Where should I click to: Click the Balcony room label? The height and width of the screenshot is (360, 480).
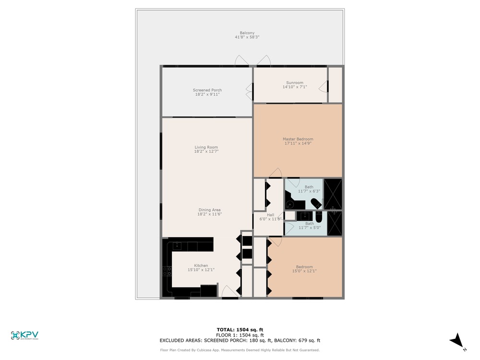click(247, 33)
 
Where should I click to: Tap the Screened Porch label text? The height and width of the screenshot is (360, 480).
click(207, 90)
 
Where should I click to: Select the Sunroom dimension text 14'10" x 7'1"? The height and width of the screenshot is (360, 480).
click(295, 87)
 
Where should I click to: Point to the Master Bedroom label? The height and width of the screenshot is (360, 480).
click(298, 139)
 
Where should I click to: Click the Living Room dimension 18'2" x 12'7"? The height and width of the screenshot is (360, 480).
click(206, 151)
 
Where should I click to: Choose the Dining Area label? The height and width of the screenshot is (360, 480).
click(209, 210)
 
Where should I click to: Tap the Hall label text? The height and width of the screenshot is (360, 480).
click(271, 215)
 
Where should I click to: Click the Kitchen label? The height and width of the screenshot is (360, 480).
click(201, 265)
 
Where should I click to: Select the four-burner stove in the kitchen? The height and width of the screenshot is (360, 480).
click(167, 271)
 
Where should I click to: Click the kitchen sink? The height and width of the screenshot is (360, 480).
click(177, 245)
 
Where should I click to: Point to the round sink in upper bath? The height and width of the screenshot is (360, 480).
click(289, 204)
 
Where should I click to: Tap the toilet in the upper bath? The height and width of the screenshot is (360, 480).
click(316, 203)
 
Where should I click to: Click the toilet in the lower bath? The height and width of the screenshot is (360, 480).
click(318, 217)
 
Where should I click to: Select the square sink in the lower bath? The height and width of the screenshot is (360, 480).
click(305, 216)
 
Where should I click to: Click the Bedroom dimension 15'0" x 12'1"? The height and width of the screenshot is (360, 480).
click(304, 271)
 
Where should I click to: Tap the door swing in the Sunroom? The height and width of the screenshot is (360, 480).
click(323, 86)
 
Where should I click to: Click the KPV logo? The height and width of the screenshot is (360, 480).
click(24, 335)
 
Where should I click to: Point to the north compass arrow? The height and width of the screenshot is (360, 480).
click(457, 340)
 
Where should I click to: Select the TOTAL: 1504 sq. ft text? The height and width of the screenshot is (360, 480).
click(240, 330)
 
